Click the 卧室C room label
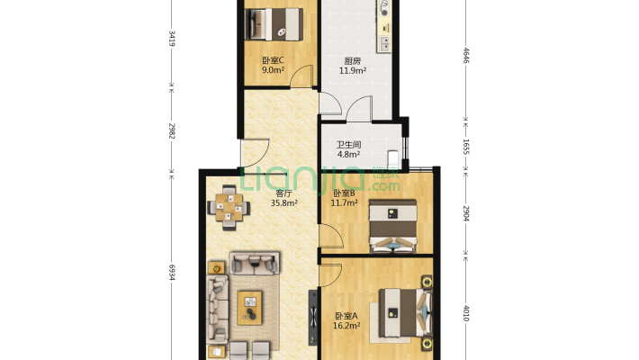click(273, 60)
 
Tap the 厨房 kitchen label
click(353, 61)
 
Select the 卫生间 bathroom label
click(348, 145)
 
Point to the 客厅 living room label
click(283, 193)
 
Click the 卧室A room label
click(346, 316)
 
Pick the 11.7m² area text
click(344, 202)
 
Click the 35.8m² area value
click(283, 202)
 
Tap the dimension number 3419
click(172, 38)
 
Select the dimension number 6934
click(172, 272)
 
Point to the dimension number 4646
click(466, 56)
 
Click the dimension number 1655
click(466, 147)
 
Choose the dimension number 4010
click(466, 313)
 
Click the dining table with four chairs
click(229, 208)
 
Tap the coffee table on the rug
click(250, 308)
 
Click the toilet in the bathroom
click(393, 158)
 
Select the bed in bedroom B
click(393, 226)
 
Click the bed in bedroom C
click(274, 24)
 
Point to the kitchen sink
click(384, 43)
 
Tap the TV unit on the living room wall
click(313, 317)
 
